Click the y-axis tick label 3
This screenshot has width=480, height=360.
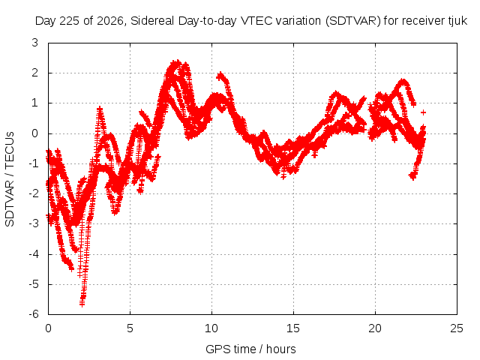coord(35,43)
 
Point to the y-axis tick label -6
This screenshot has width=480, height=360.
coord(34,314)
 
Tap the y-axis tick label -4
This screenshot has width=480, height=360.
coord(34,254)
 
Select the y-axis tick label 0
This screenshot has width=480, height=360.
coord(35,133)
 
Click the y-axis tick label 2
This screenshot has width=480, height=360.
coord(35,73)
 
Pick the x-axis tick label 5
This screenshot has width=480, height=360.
coord(130,328)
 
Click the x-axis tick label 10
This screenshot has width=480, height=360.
coord(211,328)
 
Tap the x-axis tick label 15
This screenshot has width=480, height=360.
coord(293,328)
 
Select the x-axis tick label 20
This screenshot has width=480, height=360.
coord(375,328)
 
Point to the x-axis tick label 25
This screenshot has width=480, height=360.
coord(457,328)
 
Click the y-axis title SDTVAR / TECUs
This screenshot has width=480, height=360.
coord(10,179)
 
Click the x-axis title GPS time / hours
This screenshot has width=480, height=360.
coord(250,349)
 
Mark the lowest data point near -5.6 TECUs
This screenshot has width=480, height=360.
coord(82,304)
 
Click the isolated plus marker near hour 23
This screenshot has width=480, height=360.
coord(423,112)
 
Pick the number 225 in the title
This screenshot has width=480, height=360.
coord(70,21)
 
